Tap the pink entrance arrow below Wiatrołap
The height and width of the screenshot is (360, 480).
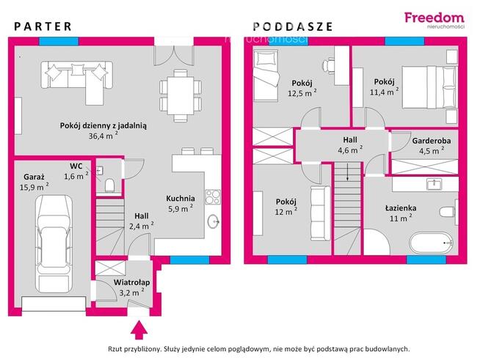tap(139, 330)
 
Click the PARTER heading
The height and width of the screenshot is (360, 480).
tap(43, 26)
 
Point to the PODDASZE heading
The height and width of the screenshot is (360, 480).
tap(293, 26)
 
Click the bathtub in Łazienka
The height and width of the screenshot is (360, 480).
tap(432, 243)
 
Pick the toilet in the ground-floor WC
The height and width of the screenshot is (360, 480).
tap(109, 185)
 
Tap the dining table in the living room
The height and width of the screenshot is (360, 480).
tap(181, 95)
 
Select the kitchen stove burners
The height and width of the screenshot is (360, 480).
tap(213, 197)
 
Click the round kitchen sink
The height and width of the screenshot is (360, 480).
tap(214, 221)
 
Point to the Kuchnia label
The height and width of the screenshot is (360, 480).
tap(181, 199)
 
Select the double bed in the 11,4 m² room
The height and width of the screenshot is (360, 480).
tap(429, 87)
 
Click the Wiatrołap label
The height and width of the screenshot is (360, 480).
tap(131, 282)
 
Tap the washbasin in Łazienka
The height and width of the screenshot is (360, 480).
tap(434, 184)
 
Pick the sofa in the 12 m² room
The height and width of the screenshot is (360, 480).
tap(320, 213)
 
